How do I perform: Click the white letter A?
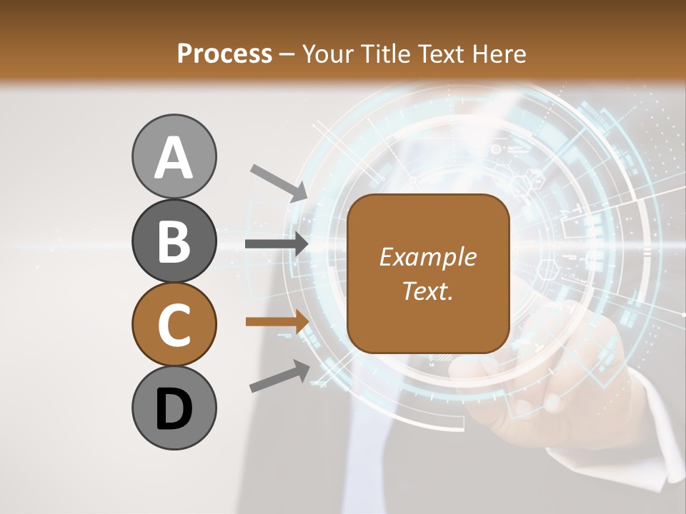click(x=174, y=158)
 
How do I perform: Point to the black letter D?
click(x=174, y=409)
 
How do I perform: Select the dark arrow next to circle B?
click(x=276, y=244)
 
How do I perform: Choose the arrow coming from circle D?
click(x=279, y=376)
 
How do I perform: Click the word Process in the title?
click(x=224, y=54)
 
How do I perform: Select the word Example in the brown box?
click(x=427, y=257)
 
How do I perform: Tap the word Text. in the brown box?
click(x=427, y=291)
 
